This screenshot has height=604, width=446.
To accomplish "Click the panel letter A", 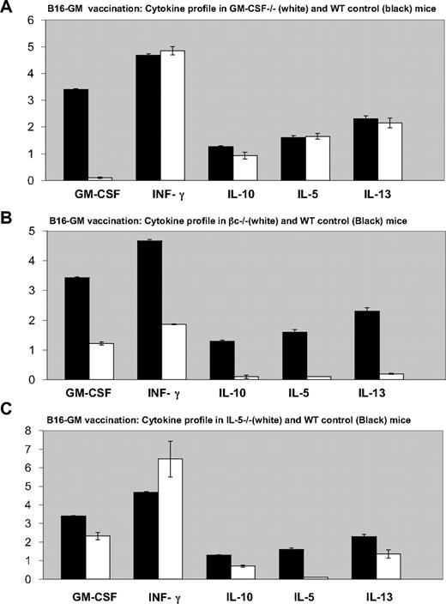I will pos(8,9).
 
